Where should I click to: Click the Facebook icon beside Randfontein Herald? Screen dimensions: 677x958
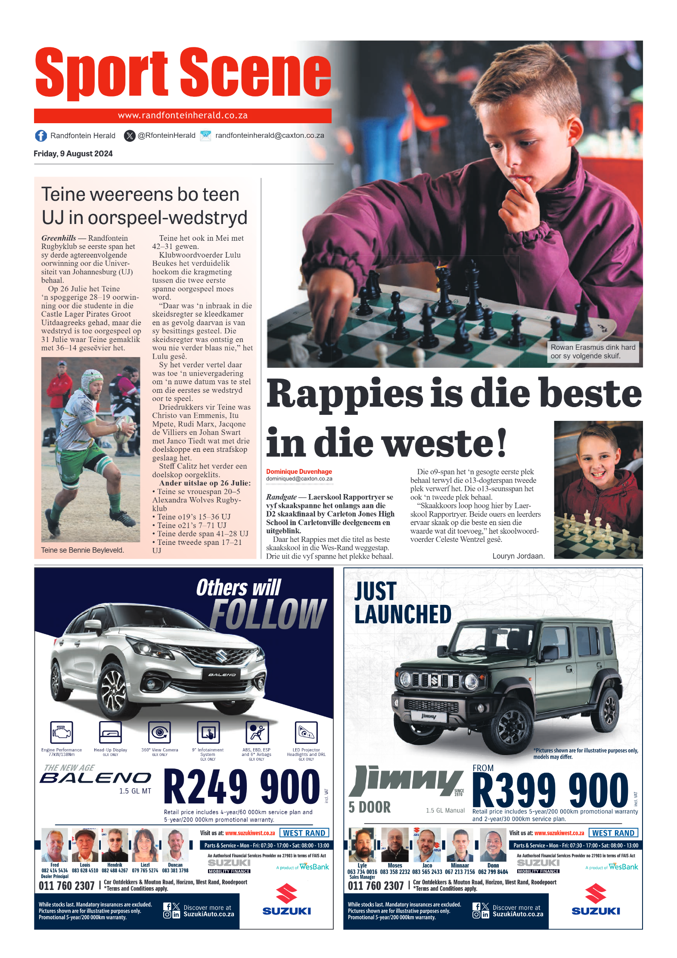41,136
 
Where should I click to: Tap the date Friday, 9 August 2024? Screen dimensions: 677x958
73,154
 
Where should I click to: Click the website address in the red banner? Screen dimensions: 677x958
183,115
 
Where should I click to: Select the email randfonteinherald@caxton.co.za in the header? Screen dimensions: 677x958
270,135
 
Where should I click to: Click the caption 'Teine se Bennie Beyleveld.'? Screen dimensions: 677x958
82,550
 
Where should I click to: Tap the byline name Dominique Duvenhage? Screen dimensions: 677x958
299,472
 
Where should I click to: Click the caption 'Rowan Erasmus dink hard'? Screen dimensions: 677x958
593,347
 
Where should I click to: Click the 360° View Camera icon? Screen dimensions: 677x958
160,732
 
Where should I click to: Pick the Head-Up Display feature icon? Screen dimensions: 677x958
110,732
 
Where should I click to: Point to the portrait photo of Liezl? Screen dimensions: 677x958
145,845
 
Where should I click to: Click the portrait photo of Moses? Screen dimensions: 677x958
394,845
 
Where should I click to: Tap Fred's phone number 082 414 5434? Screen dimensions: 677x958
55,871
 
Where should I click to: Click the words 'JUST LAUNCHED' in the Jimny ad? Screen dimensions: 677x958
402,603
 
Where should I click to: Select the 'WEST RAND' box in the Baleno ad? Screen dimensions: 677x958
304,833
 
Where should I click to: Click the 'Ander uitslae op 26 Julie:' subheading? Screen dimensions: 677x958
205,483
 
